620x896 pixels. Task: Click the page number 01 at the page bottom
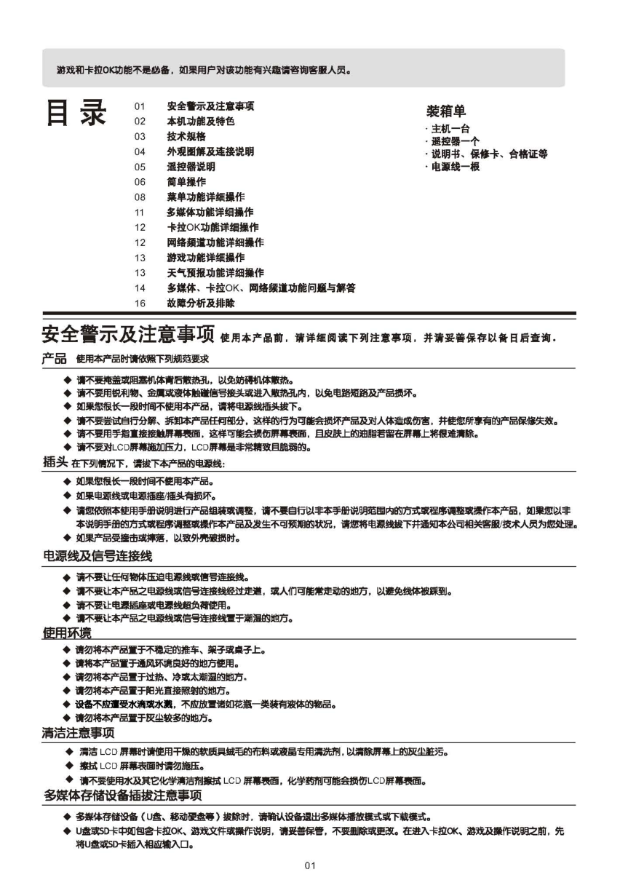point(310,865)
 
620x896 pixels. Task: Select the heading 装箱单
point(445,111)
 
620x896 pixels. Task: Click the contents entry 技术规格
point(186,137)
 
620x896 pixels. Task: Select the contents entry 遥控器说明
point(191,167)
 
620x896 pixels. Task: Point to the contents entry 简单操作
point(186,182)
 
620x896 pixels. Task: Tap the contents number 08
point(140,197)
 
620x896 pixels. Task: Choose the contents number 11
point(140,213)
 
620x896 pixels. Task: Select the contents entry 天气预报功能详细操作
point(215,273)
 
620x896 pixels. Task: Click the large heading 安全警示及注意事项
point(127,336)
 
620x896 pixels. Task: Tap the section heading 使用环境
point(67,632)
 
